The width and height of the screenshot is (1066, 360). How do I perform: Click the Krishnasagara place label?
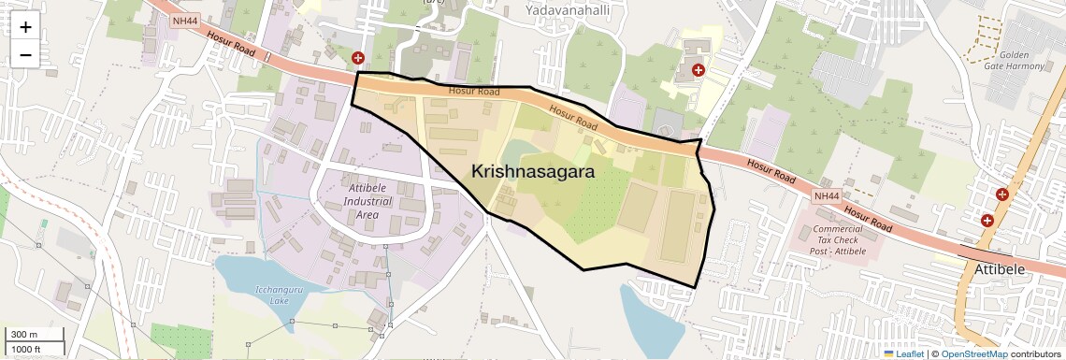point(533,172)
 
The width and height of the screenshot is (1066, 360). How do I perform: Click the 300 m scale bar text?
point(24,335)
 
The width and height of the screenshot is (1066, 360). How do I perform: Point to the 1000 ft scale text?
point(27,349)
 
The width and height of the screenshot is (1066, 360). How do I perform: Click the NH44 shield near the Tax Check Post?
point(827,196)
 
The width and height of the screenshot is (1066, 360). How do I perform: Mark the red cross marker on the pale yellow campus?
point(698,69)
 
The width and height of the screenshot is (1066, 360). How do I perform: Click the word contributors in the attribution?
point(1036,353)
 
